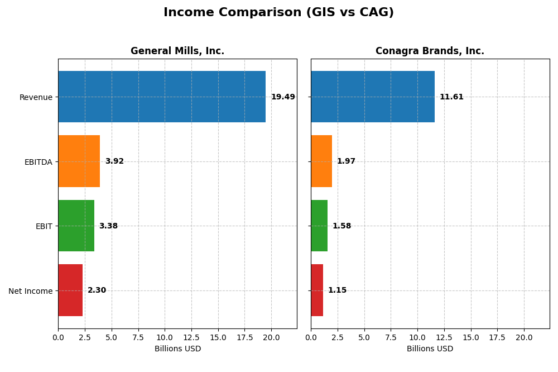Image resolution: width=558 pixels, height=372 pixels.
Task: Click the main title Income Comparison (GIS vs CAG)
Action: click(x=278, y=12)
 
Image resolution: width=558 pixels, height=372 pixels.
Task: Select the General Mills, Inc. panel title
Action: click(x=177, y=51)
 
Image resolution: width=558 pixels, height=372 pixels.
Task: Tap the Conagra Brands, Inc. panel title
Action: click(x=430, y=51)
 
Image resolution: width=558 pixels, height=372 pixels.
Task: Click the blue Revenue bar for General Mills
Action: click(x=162, y=97)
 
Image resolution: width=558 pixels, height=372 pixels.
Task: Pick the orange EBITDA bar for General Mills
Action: click(x=79, y=161)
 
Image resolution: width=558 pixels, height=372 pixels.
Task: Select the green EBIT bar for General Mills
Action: click(x=76, y=226)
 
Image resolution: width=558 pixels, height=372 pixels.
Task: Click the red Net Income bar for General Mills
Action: click(x=70, y=290)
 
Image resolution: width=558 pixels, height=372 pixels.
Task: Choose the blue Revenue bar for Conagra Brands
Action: click(x=372, y=97)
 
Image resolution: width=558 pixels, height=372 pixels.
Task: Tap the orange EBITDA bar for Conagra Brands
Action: click(x=321, y=161)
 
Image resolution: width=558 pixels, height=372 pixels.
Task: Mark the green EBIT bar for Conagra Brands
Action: click(x=319, y=226)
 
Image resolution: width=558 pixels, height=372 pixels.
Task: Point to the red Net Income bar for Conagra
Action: click(x=317, y=290)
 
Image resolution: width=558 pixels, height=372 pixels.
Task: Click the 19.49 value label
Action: click(x=283, y=97)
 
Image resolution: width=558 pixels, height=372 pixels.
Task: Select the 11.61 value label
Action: click(x=451, y=97)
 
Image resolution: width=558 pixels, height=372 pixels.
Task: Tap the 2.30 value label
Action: click(x=97, y=290)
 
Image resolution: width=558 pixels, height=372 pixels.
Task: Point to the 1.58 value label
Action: click(x=341, y=226)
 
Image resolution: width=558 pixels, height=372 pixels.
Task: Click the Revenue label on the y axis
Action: click(x=36, y=97)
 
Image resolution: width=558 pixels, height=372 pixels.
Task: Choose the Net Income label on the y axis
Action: click(x=30, y=290)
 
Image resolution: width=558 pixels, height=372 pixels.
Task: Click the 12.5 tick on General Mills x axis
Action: click(x=191, y=337)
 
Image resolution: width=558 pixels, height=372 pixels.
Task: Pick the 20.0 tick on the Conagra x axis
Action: click(x=524, y=337)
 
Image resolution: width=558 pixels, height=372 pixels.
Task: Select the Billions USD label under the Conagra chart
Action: click(x=430, y=349)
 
